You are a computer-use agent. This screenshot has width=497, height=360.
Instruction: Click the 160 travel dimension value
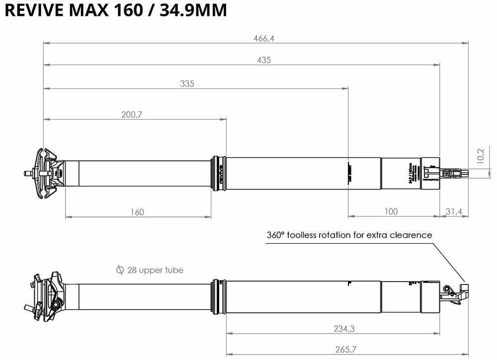(x=137, y=212)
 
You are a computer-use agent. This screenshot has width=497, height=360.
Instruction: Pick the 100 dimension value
(x=391, y=212)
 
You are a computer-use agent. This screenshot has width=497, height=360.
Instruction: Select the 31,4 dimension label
(x=454, y=212)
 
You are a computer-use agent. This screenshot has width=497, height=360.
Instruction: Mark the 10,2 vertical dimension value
(x=480, y=156)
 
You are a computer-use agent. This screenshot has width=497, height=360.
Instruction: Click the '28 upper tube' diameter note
(x=155, y=270)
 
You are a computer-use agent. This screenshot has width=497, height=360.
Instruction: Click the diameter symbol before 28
(x=119, y=270)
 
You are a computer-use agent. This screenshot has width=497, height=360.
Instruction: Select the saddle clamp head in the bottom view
(x=47, y=293)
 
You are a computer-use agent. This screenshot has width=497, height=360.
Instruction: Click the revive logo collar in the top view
(x=218, y=173)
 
